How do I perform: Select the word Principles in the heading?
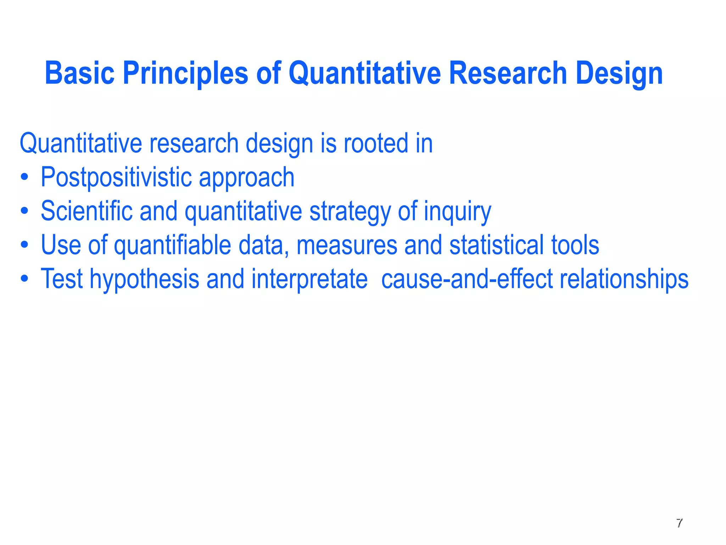[x=185, y=73]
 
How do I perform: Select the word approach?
[x=246, y=178]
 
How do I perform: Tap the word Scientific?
[x=86, y=211]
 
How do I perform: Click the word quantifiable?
[x=172, y=245]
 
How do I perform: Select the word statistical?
[x=496, y=245]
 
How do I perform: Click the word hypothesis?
[x=144, y=279]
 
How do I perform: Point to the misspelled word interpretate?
[x=309, y=279]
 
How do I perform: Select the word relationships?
[x=624, y=279]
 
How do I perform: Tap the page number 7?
[x=679, y=523]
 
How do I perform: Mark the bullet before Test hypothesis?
[x=24, y=279]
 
